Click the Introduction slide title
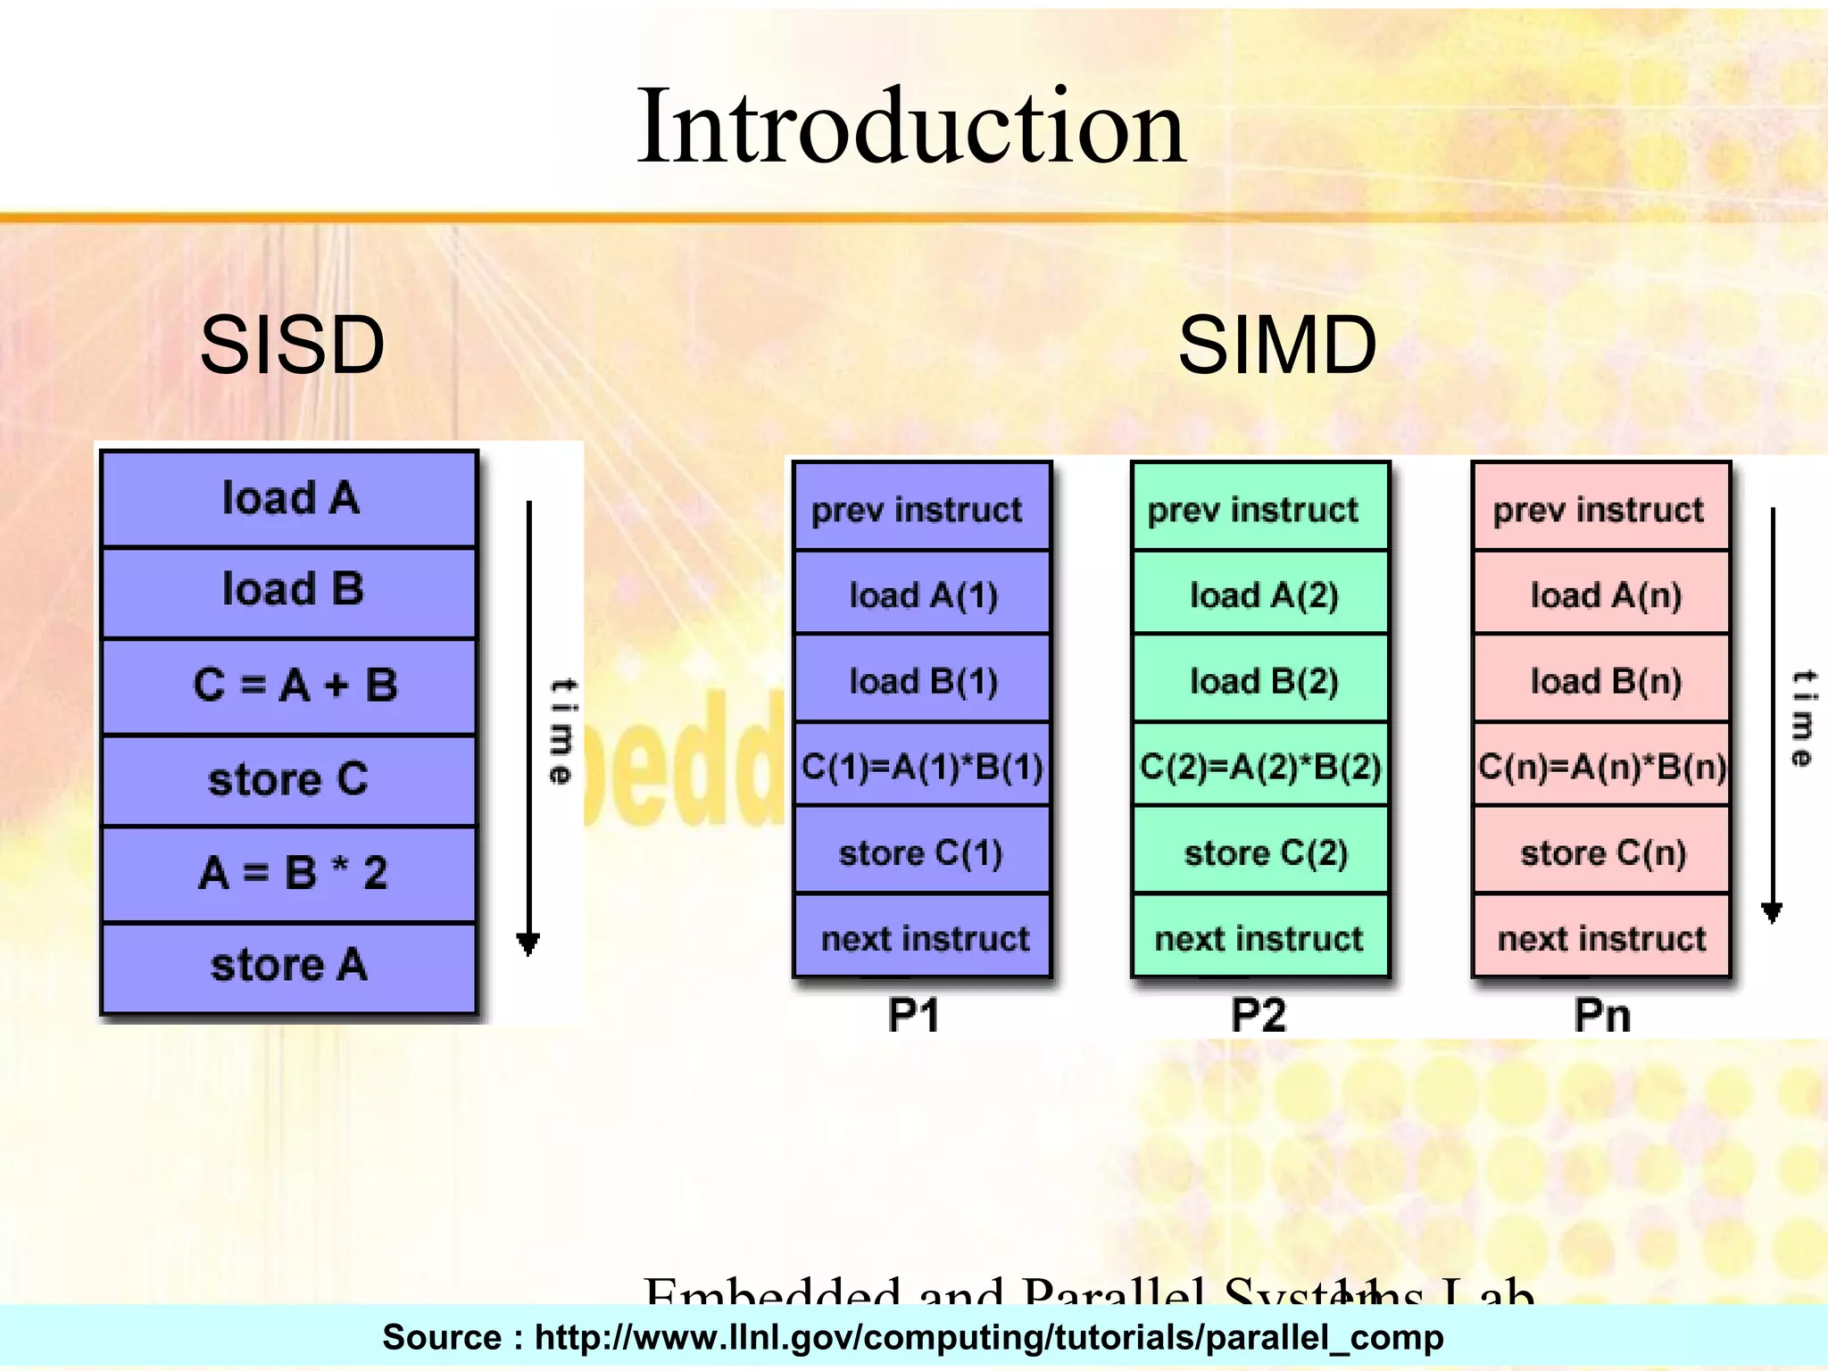pyautogui.click(x=910, y=127)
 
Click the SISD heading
pyautogui.click(x=292, y=345)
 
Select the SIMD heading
pyautogui.click(x=1276, y=345)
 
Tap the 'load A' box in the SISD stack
pyautogui.click(x=289, y=498)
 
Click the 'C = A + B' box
pyautogui.click(x=289, y=685)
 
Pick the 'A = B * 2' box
pyautogui.click(x=289, y=873)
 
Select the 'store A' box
pyautogui.click(x=289, y=966)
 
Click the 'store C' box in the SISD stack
pyautogui.click(x=289, y=779)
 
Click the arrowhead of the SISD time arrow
pyautogui.click(x=528, y=944)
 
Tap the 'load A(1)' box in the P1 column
pyautogui.click(x=922, y=594)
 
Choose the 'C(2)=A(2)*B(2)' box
pyautogui.click(x=1260, y=766)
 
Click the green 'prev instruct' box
pyautogui.click(x=1260, y=509)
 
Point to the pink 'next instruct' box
pyautogui.click(x=1601, y=938)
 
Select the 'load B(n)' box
pyautogui.click(x=1604, y=681)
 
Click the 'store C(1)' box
pyautogui.click(x=922, y=852)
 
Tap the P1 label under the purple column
pyautogui.click(x=914, y=1015)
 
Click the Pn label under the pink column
pyautogui.click(x=1601, y=1015)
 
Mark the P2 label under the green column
pyautogui.click(x=1259, y=1015)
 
